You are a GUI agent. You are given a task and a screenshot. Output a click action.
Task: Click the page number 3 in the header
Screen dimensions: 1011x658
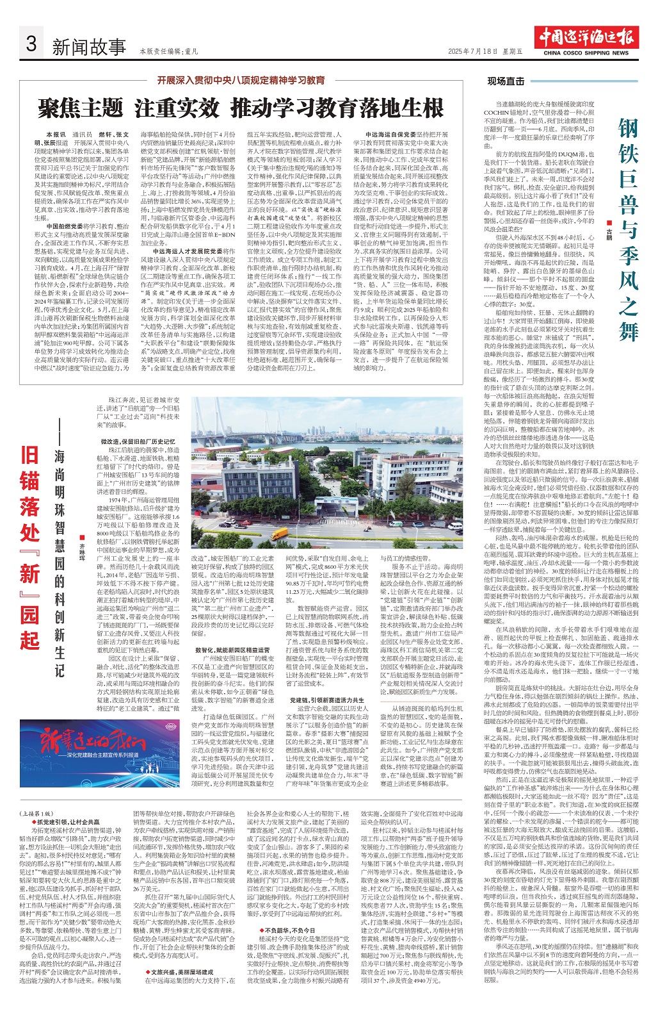pos(31,44)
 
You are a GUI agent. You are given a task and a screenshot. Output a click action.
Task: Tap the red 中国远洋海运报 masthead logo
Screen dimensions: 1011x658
pos(588,37)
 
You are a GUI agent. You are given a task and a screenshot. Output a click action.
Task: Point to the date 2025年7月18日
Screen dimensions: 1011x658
pos(472,51)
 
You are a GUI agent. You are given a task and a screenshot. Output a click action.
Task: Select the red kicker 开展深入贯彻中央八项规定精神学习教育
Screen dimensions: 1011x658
pos(241,81)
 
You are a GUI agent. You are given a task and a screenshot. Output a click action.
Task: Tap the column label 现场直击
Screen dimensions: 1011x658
pos(506,81)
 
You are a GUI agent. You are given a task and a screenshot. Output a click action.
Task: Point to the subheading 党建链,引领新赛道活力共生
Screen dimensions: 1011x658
pos(327,700)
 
